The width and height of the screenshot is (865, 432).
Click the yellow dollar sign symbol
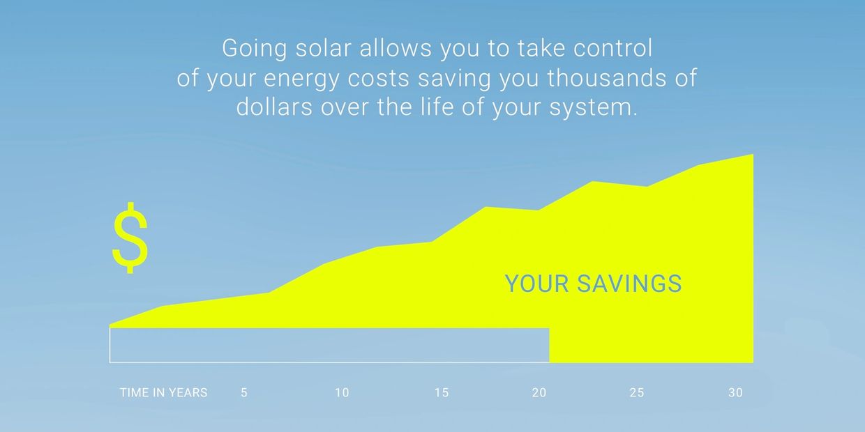tap(130, 238)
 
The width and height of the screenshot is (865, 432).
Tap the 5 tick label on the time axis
tap(244, 393)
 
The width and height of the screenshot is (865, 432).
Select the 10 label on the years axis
tap(342, 393)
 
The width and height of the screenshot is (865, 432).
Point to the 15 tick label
tap(442, 393)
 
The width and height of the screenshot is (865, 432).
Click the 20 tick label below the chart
tap(539, 393)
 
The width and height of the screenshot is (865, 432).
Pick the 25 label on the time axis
tap(637, 393)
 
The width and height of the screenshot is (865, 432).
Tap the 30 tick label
tap(736, 393)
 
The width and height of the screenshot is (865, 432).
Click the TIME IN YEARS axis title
tap(163, 393)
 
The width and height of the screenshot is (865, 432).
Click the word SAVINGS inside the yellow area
tap(629, 284)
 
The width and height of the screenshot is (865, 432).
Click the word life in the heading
tap(438, 108)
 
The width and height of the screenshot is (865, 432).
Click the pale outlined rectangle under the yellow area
tap(329, 346)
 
